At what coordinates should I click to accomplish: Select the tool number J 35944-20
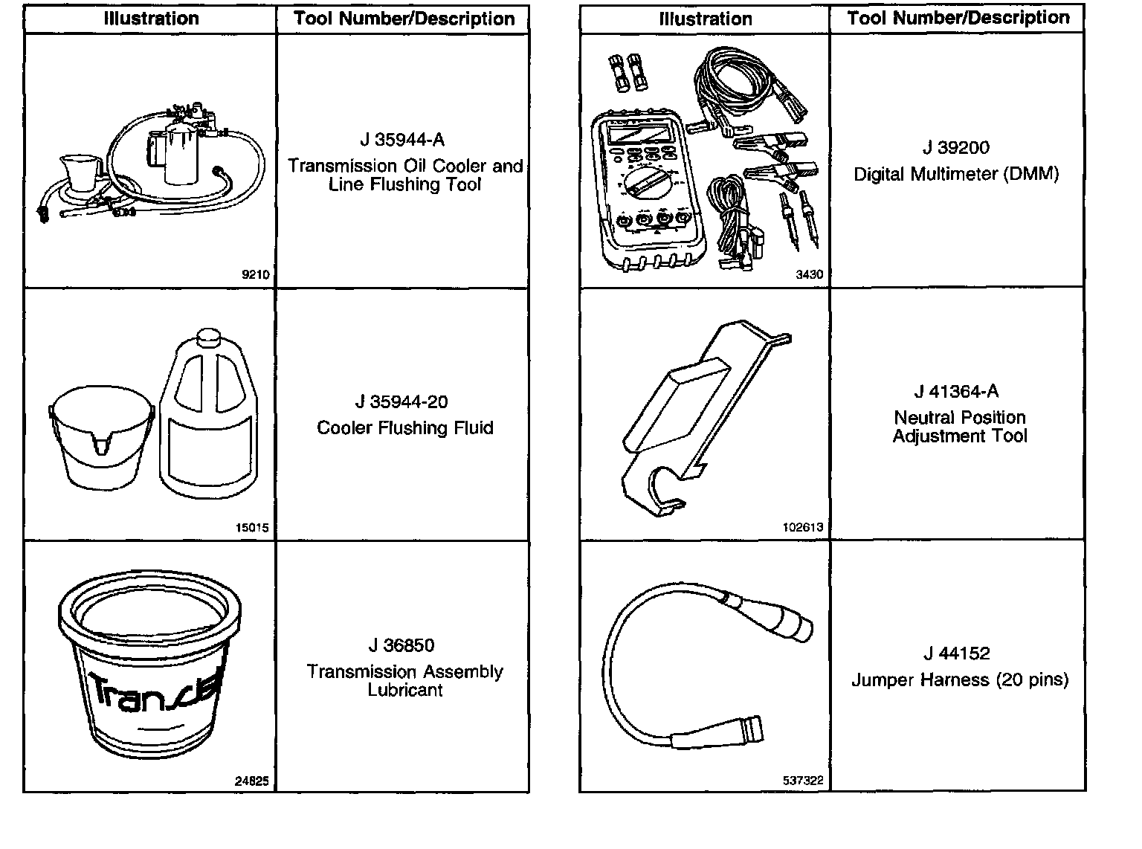(401, 402)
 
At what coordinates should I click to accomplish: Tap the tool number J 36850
(401, 645)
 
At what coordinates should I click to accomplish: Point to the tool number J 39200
(956, 148)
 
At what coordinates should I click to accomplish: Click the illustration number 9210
(256, 274)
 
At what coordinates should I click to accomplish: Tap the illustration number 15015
(252, 529)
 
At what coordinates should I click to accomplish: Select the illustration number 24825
(252, 781)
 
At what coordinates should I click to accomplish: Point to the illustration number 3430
(810, 274)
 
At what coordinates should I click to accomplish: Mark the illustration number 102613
(803, 527)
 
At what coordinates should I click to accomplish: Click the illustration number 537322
(803, 781)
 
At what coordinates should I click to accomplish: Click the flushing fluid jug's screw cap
(210, 339)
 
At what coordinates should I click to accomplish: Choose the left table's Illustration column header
(151, 19)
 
